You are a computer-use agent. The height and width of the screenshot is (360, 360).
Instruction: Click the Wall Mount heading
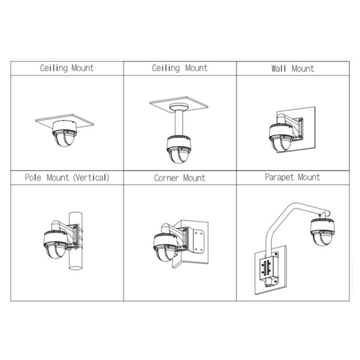coord(292,69)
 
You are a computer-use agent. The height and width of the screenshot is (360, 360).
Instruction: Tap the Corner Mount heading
coord(179,178)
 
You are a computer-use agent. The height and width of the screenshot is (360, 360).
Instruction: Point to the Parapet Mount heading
coord(292,178)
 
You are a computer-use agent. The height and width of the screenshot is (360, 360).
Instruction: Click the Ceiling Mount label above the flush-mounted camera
coord(67,68)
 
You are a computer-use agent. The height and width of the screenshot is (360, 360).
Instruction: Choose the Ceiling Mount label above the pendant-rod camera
coord(179,68)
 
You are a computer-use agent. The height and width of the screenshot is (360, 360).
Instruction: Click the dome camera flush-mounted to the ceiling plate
coord(64,136)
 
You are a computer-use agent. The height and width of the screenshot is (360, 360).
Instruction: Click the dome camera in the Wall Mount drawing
coord(280,139)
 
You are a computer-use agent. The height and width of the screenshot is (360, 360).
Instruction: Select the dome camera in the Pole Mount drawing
coord(54,242)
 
